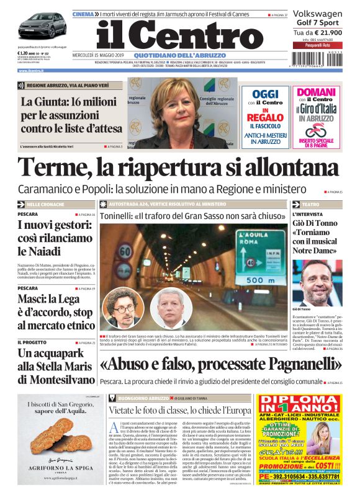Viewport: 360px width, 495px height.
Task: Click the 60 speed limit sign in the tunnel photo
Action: [x=125, y=251]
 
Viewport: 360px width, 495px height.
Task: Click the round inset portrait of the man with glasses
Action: [x=120, y=308]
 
